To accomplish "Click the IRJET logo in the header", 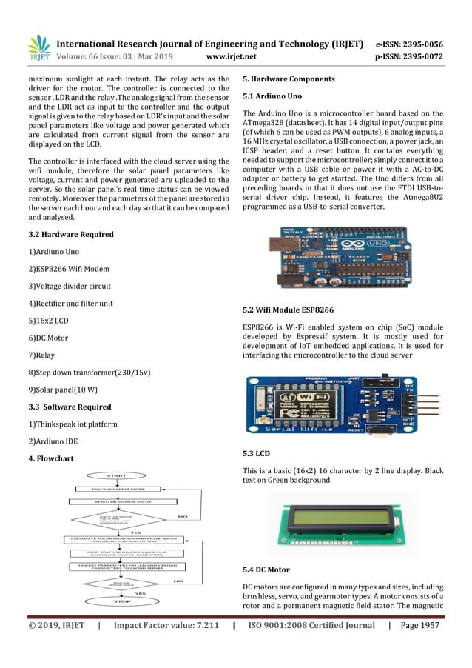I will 38,47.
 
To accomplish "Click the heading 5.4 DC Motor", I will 272,570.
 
